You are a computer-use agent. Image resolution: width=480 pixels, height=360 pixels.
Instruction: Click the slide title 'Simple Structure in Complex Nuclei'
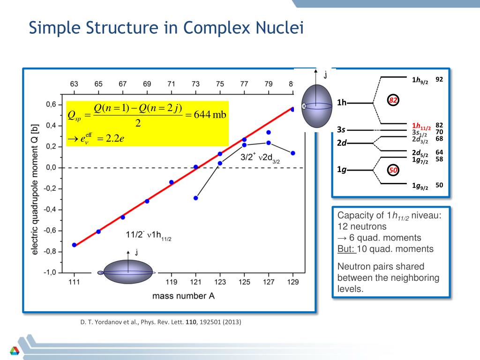pyautogui.click(x=166, y=28)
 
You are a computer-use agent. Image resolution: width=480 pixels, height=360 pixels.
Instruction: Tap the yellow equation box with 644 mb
pyautogui.click(x=147, y=123)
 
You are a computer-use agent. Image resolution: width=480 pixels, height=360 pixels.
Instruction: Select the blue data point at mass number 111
pyautogui.click(x=74, y=245)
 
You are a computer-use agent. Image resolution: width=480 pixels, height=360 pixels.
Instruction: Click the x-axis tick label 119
pyautogui.click(x=171, y=282)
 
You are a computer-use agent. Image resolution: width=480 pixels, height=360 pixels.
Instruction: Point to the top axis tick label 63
pyautogui.click(x=74, y=84)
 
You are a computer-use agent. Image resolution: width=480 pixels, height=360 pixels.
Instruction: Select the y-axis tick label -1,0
pyautogui.click(x=51, y=272)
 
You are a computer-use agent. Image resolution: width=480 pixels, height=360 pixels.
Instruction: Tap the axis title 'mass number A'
pyautogui.click(x=183, y=296)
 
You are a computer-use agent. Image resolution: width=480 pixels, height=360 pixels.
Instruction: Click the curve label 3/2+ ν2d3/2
pyautogui.click(x=260, y=158)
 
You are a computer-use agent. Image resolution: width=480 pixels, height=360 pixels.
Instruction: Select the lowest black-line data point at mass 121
pyautogui.click(x=195, y=198)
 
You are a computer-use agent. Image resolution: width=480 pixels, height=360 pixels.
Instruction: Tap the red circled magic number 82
pyautogui.click(x=393, y=100)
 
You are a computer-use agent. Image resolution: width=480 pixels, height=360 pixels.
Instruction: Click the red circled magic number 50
pyautogui.click(x=393, y=170)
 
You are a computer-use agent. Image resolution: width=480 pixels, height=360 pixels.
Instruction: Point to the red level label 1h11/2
pyautogui.click(x=421, y=126)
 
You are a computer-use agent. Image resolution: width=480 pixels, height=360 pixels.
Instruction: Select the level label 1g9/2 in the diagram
pyautogui.click(x=420, y=187)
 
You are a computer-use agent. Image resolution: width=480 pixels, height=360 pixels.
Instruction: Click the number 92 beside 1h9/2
pyautogui.click(x=439, y=79)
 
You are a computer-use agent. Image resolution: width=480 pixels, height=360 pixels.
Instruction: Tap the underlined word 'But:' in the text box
pyautogui.click(x=346, y=249)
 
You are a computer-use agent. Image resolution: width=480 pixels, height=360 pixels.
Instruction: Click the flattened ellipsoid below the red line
pyautogui.click(x=127, y=272)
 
